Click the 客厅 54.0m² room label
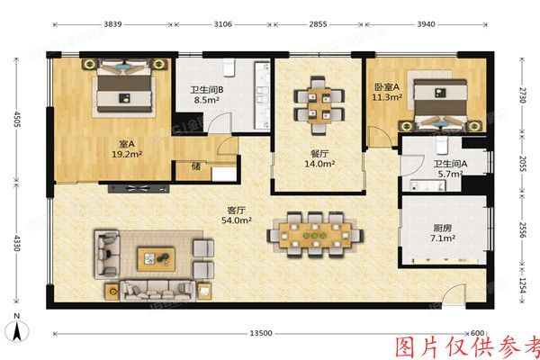coord(238,214)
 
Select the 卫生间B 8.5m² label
coord(207,96)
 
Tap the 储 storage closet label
coord(196,166)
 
